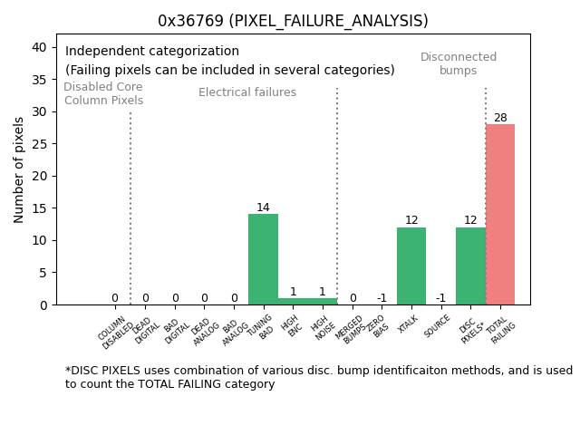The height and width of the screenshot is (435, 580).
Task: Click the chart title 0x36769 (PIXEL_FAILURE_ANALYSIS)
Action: [x=293, y=21]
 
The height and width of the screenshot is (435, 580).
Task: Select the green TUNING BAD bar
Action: [x=263, y=259]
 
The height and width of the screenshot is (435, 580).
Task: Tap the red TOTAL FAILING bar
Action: [x=500, y=214]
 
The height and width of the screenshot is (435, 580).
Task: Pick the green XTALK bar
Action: [x=411, y=266]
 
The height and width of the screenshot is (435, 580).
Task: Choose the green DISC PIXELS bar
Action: [x=470, y=266]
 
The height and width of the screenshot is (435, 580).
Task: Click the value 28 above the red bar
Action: [x=500, y=118]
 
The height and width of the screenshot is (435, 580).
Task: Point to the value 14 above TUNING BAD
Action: [x=263, y=208]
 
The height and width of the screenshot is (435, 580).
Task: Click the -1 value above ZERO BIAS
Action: [x=382, y=298]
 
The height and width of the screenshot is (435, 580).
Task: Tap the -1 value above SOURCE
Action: [x=440, y=298]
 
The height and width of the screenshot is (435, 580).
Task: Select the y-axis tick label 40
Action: [x=41, y=47]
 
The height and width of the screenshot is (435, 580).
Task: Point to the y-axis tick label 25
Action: [x=41, y=144]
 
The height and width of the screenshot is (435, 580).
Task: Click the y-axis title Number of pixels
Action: [x=19, y=169]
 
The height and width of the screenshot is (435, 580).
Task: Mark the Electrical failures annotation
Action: [x=247, y=92]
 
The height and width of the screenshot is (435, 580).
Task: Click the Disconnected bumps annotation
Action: [x=459, y=63]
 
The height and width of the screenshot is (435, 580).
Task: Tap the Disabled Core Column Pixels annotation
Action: [x=103, y=93]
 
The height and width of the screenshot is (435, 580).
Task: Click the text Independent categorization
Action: [x=152, y=52]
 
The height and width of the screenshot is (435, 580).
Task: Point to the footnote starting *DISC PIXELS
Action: [x=318, y=377]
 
